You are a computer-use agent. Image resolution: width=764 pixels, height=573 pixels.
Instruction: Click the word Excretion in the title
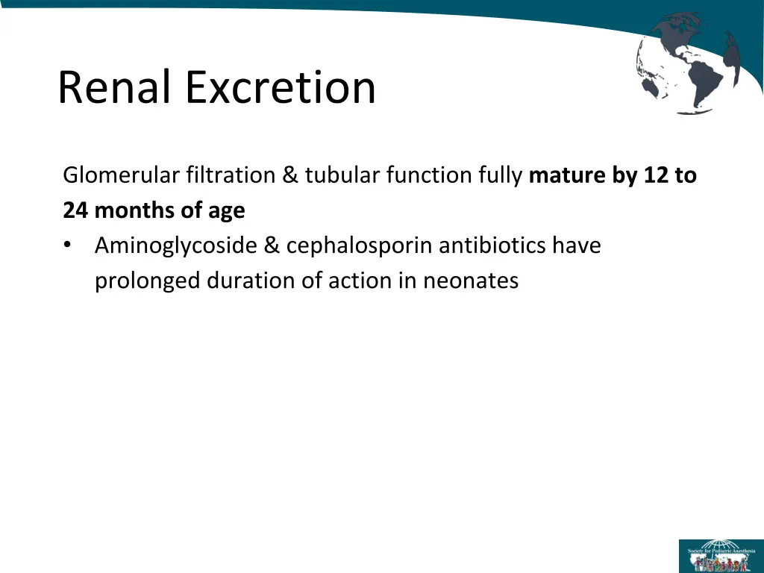click(281, 87)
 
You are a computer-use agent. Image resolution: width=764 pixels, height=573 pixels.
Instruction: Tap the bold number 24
click(75, 211)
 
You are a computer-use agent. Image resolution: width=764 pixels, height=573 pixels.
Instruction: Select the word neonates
click(471, 281)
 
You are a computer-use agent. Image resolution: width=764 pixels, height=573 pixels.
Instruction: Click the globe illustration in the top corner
click(689, 63)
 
